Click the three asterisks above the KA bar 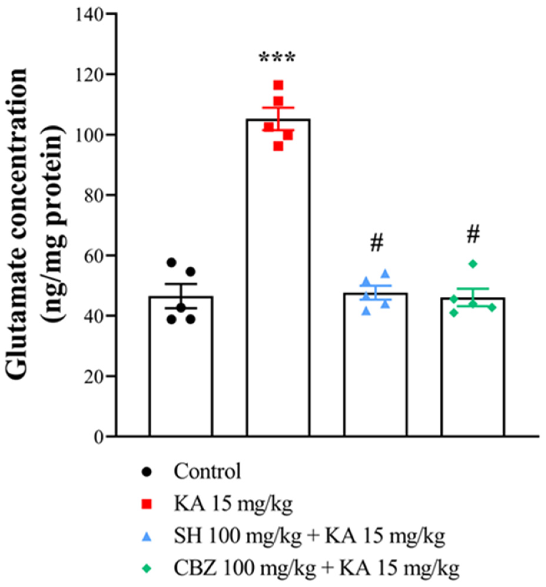[x=277, y=58]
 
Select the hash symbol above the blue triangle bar [x=376, y=243]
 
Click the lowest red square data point [x=278, y=146]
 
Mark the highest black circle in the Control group [x=171, y=262]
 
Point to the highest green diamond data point [x=473, y=264]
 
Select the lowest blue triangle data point [x=366, y=311]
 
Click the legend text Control [x=207, y=472]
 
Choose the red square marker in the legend [x=147, y=504]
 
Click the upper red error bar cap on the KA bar [x=278, y=107]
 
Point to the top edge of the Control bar [x=181, y=297]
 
